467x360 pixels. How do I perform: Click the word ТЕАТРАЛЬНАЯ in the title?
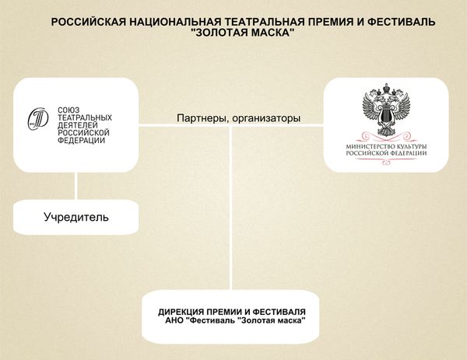point(263,22)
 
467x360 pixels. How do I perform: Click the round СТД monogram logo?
point(38,119)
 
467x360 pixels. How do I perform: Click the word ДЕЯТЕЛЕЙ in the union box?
point(77,125)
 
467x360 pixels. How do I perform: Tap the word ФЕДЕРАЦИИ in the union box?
point(81,140)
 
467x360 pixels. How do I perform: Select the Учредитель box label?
point(76,217)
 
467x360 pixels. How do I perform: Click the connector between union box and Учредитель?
point(76,186)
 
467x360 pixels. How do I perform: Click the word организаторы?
point(266,118)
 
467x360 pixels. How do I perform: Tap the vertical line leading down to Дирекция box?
point(231,208)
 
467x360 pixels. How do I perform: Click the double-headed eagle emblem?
point(386,110)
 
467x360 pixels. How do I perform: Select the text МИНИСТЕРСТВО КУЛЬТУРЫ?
point(386,147)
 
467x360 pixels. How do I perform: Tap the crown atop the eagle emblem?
point(386,88)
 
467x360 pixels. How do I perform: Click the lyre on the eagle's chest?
point(386,114)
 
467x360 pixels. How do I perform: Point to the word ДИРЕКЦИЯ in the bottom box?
point(178,312)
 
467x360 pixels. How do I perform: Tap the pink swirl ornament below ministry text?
point(386,163)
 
